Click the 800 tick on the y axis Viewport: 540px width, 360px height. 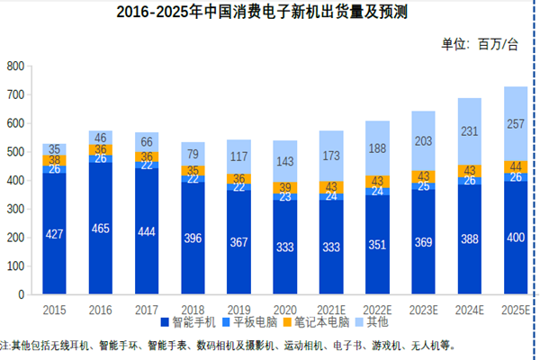click(13, 67)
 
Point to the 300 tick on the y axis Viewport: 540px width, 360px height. click(13, 209)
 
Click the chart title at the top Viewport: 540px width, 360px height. click(269, 14)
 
